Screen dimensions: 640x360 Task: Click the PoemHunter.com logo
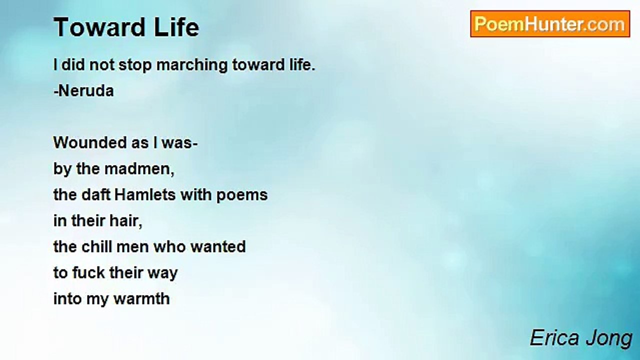[x=550, y=24]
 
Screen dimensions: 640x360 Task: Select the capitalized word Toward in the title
[x=99, y=27]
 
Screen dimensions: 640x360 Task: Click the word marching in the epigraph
[x=192, y=65]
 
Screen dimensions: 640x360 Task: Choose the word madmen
[x=139, y=169]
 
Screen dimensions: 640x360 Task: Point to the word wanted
[x=218, y=247]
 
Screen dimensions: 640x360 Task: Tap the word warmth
[x=141, y=299]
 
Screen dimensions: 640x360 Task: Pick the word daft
[x=96, y=195]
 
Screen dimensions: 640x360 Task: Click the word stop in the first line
[x=135, y=65]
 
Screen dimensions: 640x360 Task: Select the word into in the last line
[x=67, y=299]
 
